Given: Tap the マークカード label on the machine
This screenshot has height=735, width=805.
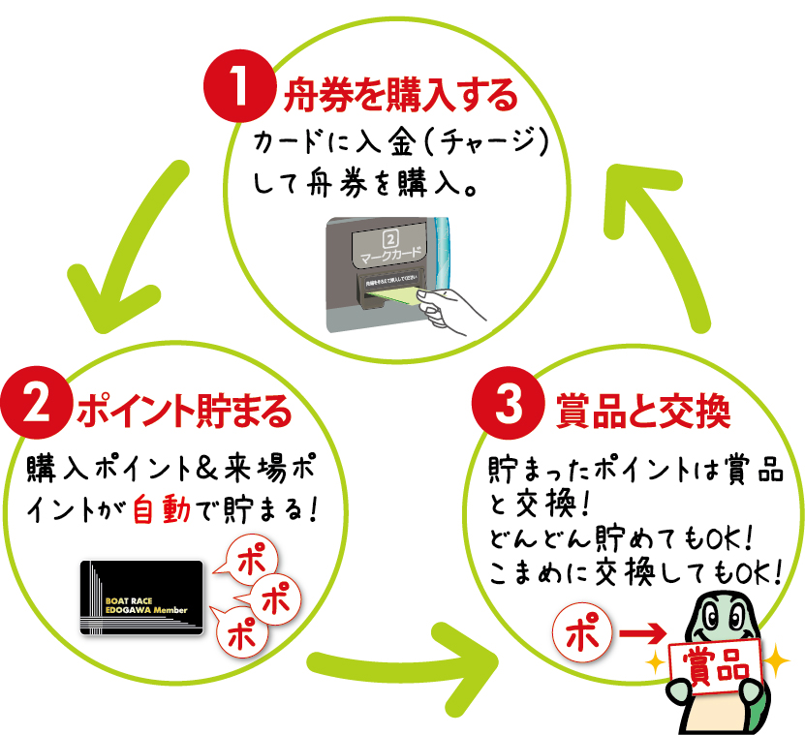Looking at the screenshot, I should tap(391, 254).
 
